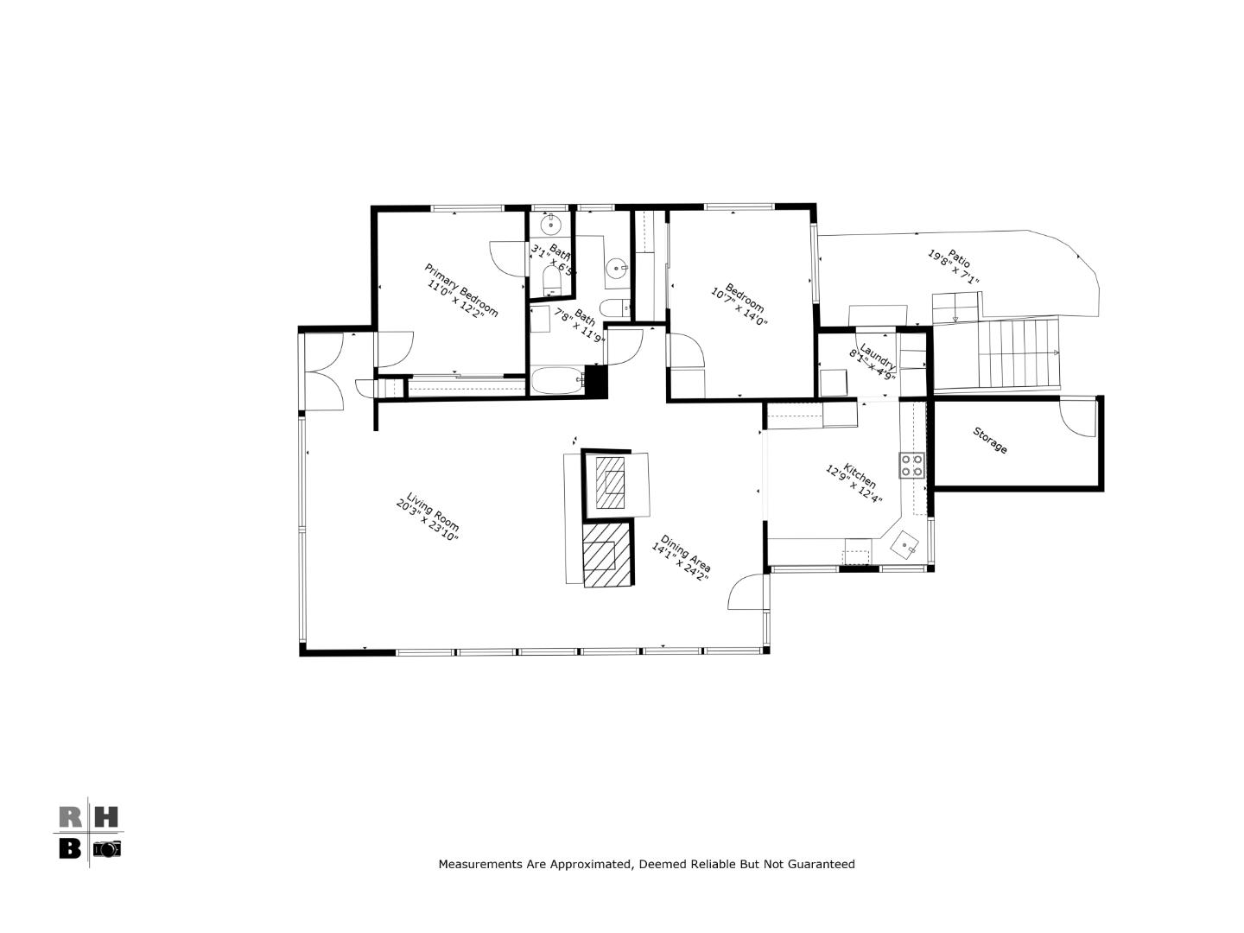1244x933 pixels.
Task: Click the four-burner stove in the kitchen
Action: click(911, 466)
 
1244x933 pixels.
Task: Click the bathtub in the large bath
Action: click(557, 381)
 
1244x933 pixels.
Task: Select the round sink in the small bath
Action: click(550, 225)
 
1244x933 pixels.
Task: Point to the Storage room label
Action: click(990, 441)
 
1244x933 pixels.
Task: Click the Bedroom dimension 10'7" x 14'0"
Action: click(739, 309)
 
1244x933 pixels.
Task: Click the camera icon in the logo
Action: click(106, 848)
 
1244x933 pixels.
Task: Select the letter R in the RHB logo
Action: click(70, 816)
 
